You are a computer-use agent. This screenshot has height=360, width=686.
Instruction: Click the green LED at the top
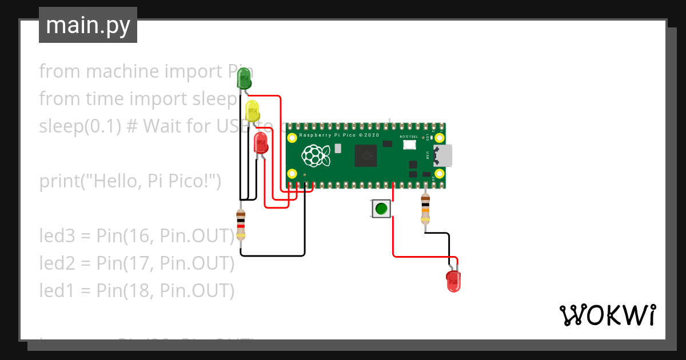click(x=244, y=79)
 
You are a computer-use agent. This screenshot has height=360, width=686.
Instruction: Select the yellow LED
click(x=252, y=111)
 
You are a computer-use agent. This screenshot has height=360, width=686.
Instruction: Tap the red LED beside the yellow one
click(x=261, y=143)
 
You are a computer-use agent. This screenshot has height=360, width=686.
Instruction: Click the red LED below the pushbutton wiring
click(x=453, y=282)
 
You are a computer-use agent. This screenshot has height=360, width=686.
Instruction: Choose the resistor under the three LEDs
click(x=241, y=225)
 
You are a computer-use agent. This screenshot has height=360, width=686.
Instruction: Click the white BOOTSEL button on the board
click(x=409, y=145)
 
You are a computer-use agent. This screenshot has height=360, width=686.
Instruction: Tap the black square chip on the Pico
click(x=366, y=155)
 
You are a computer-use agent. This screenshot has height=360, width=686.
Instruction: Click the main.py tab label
click(x=87, y=25)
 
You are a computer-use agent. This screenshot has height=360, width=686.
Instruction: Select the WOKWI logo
click(x=607, y=315)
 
